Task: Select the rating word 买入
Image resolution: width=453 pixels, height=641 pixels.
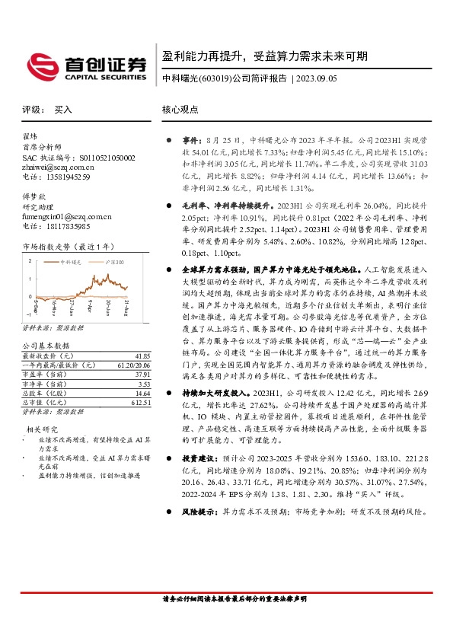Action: (63, 110)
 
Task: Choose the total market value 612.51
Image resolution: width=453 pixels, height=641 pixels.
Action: (139, 402)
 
